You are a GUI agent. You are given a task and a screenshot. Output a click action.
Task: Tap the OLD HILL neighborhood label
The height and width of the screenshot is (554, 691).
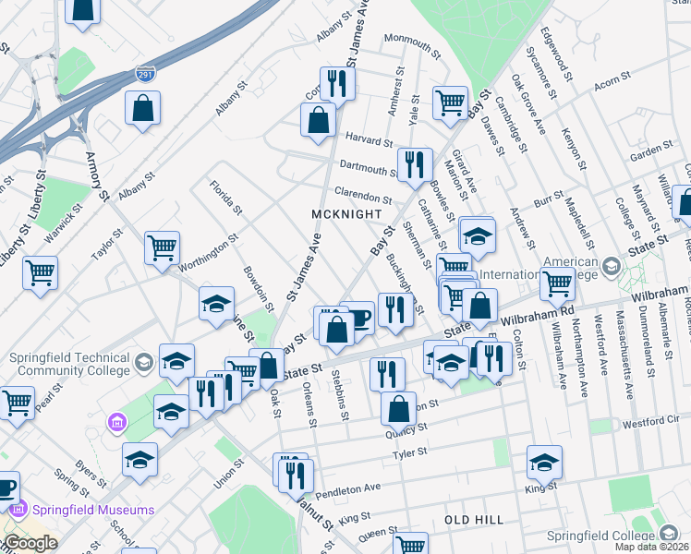pos(475,520)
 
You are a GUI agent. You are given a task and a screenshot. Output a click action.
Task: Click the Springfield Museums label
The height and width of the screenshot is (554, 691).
pos(80,510)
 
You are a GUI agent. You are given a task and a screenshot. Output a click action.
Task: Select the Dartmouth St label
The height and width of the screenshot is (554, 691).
pos(367,169)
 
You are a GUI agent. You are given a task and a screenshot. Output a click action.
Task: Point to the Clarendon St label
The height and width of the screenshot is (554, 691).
pos(362,197)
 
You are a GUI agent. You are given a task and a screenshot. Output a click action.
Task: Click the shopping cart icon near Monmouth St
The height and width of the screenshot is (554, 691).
pos(450,102)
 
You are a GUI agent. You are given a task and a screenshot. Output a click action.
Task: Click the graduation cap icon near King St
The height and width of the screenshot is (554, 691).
pos(544,460)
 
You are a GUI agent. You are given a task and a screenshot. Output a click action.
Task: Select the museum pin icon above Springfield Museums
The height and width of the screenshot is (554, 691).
pos(117,423)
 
